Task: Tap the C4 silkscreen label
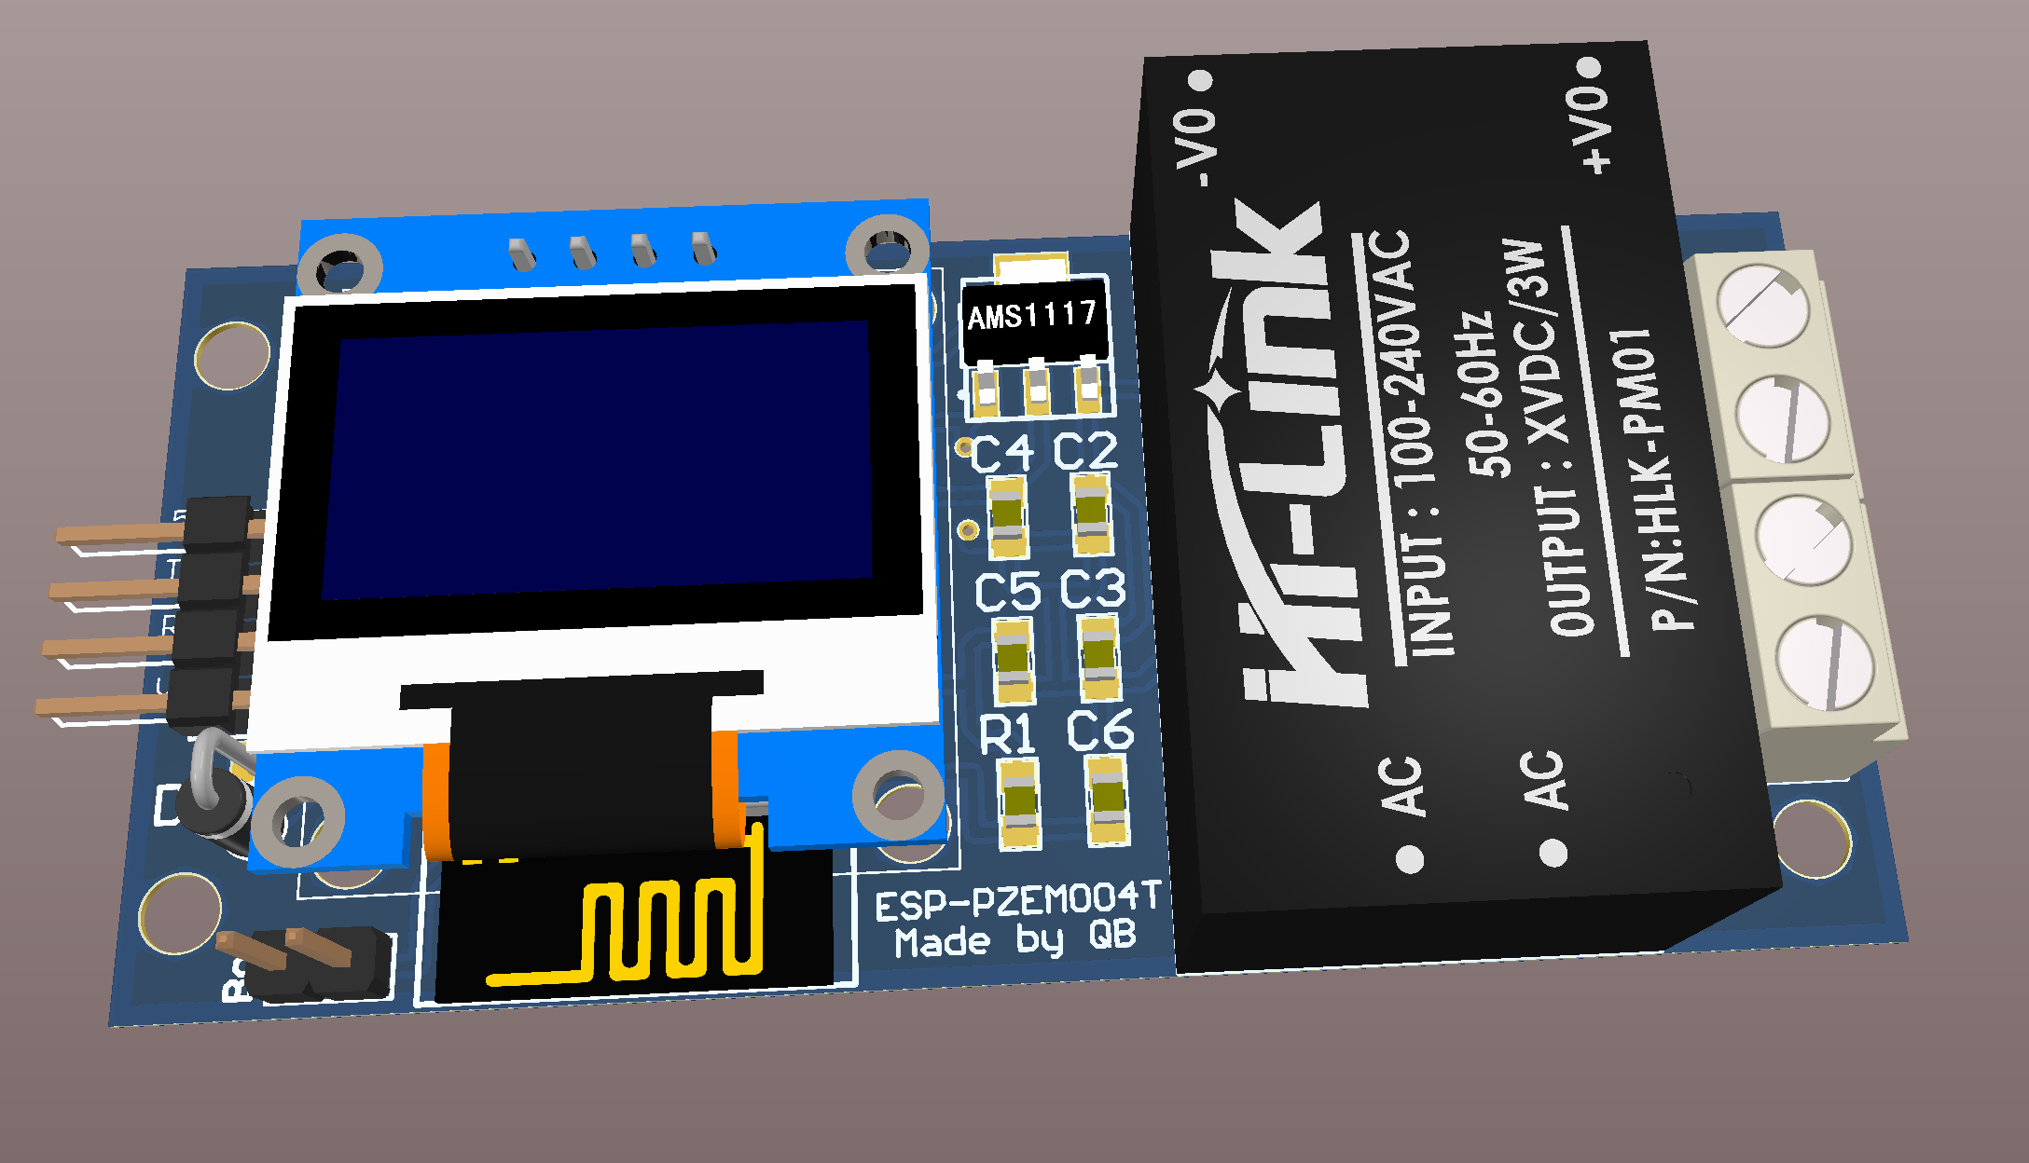coord(1001,454)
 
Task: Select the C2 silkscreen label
coord(1085,451)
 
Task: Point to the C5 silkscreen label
coord(1007,592)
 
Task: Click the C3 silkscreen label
coord(1093,589)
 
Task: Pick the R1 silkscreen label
coord(1007,734)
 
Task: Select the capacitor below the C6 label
coord(1108,800)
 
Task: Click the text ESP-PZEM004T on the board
coord(1017,901)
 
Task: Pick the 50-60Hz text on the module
coord(1483,396)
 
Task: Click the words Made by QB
coord(1015,939)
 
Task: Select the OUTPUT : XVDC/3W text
coord(1548,438)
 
